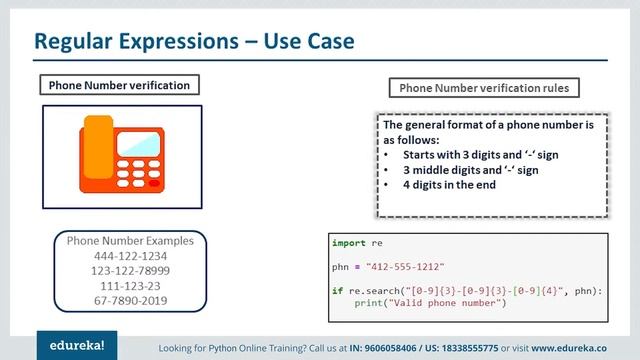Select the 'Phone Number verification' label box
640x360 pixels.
coord(119,85)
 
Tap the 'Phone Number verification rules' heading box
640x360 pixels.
coord(484,88)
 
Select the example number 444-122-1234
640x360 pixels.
coord(125,256)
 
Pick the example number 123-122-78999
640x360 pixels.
coord(125,270)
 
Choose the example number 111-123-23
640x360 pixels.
coord(125,285)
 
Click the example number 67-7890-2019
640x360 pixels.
coord(125,300)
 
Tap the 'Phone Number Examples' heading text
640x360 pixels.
coord(125,241)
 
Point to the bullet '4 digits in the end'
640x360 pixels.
coord(449,185)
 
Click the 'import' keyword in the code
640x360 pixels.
coord(347,243)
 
